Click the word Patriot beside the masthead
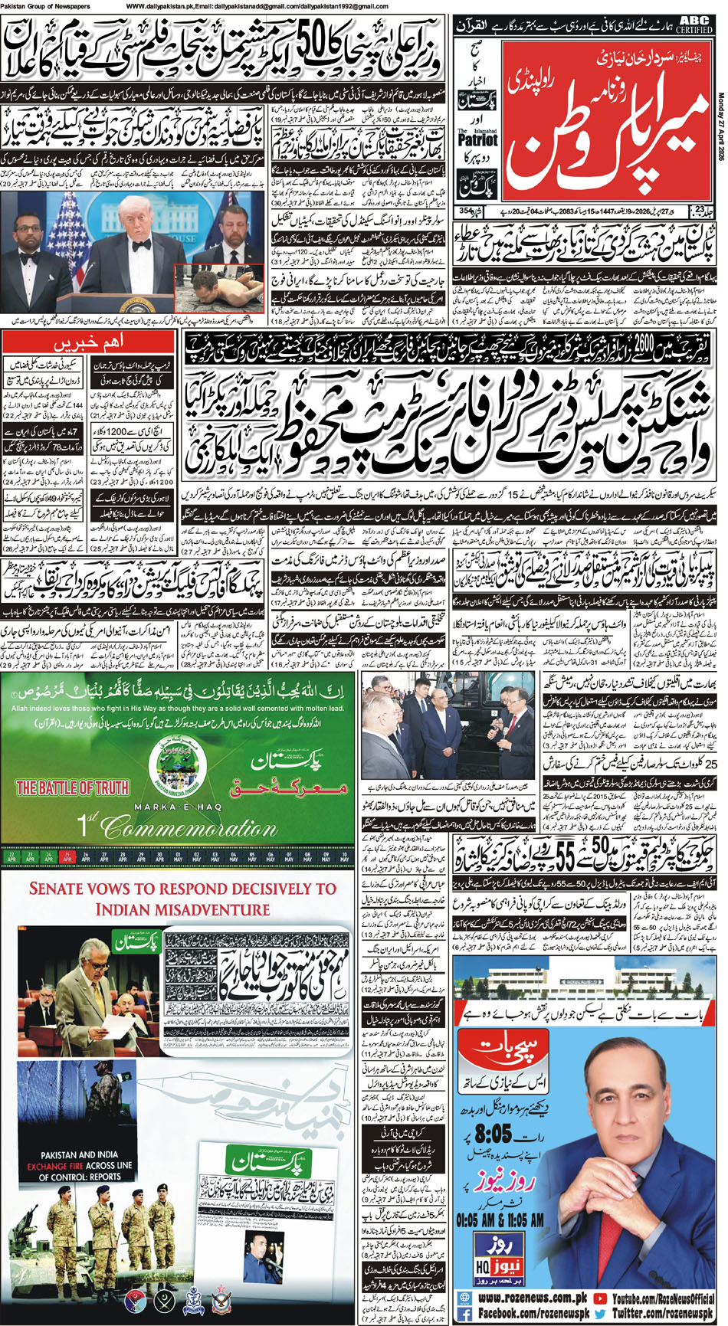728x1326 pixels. [x=477, y=140]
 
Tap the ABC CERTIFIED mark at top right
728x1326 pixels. [x=694, y=24]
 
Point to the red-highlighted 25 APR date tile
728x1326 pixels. [x=67, y=855]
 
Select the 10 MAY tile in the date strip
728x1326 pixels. [x=345, y=855]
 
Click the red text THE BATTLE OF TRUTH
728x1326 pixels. [x=73, y=787]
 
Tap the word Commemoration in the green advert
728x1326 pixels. [x=188, y=827]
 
